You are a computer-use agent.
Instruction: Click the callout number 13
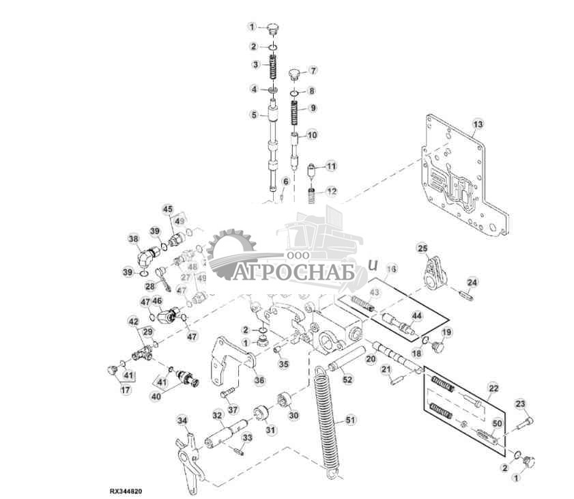click(478, 124)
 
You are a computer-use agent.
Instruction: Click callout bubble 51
click(351, 419)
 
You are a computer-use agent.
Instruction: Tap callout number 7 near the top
click(313, 70)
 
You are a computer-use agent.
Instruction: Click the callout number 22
click(493, 388)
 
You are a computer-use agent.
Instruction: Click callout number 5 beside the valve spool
click(253, 115)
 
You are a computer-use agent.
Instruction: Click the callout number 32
click(217, 415)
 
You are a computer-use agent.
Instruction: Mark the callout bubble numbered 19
click(447, 332)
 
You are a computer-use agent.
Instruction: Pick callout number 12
click(331, 191)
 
